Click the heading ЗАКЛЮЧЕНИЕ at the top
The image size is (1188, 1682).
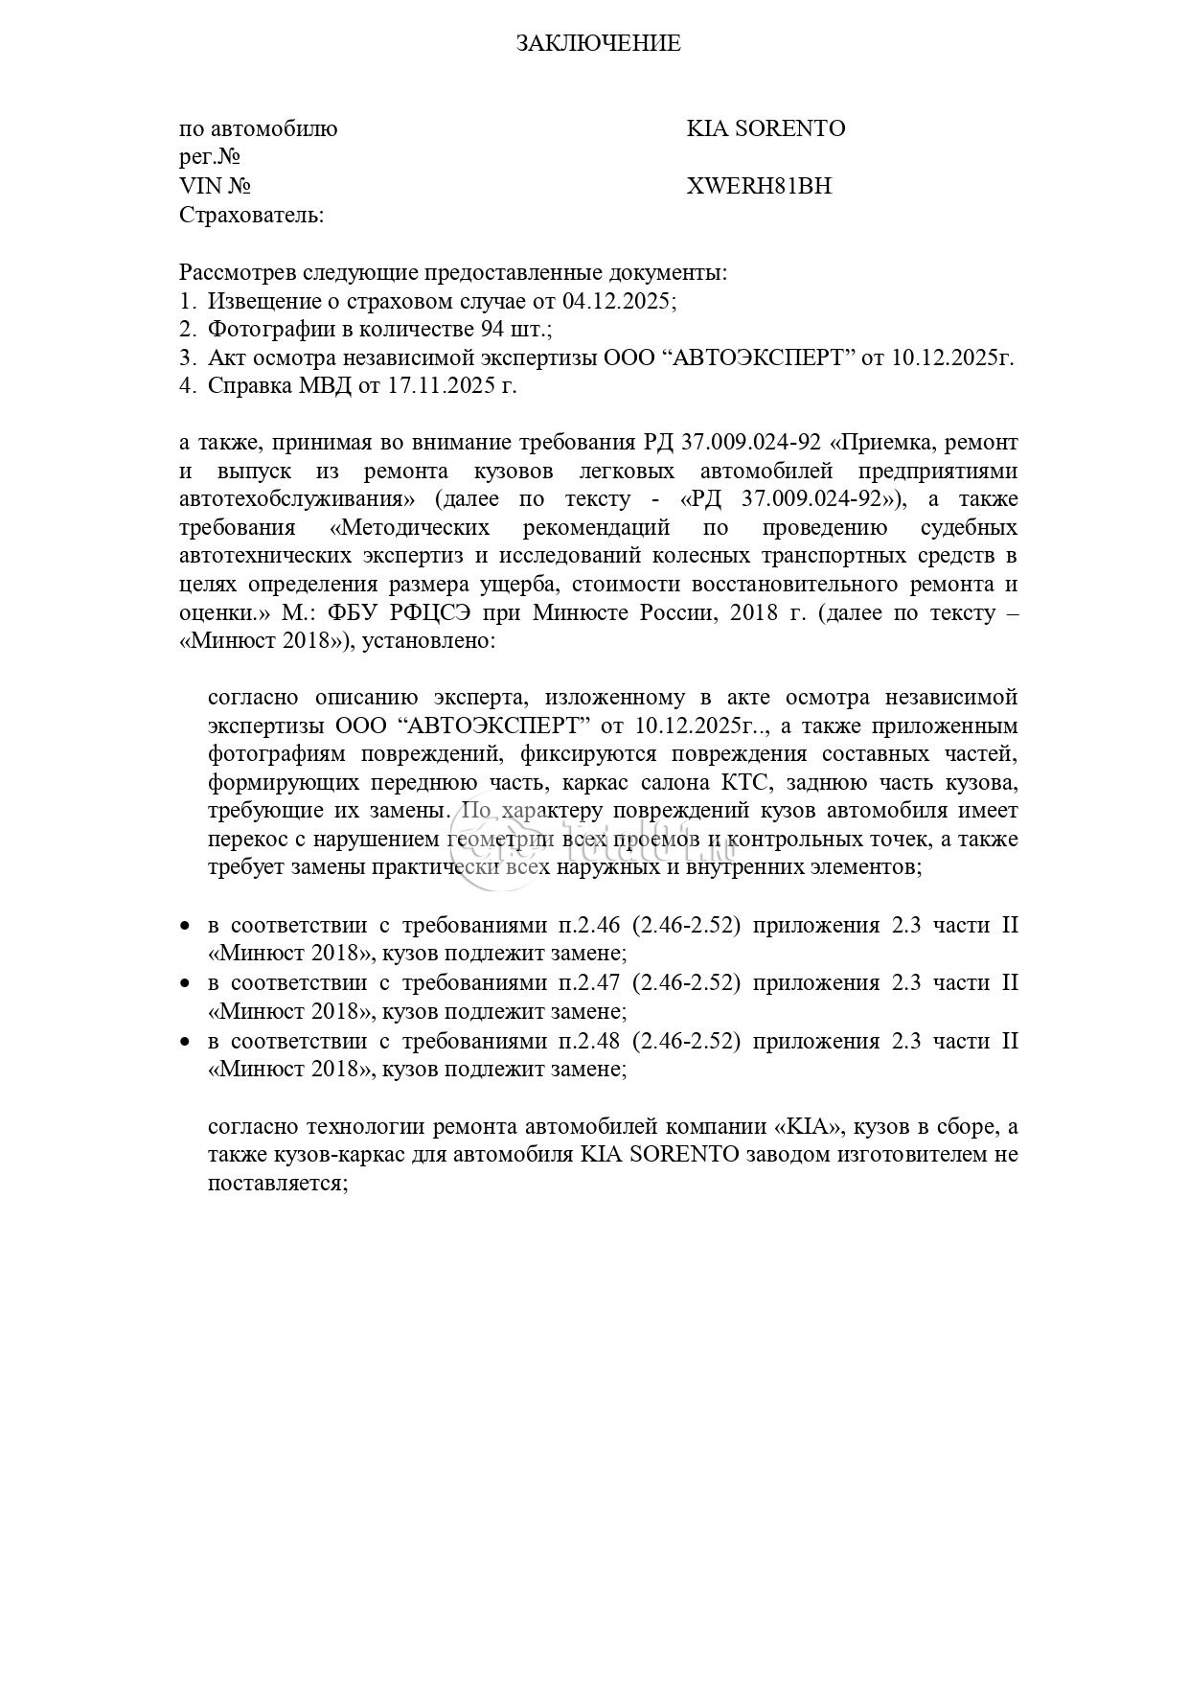coord(599,43)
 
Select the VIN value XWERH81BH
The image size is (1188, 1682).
coord(759,186)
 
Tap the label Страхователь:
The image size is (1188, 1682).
coord(252,215)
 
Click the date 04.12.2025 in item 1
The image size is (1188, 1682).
coord(616,301)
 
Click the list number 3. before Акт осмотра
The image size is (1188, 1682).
coord(187,357)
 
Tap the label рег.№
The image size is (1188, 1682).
coord(209,156)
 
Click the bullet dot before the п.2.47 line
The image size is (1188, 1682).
coord(186,984)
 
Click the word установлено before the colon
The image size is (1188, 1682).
coord(433,641)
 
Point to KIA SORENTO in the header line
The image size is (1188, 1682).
coord(765,128)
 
